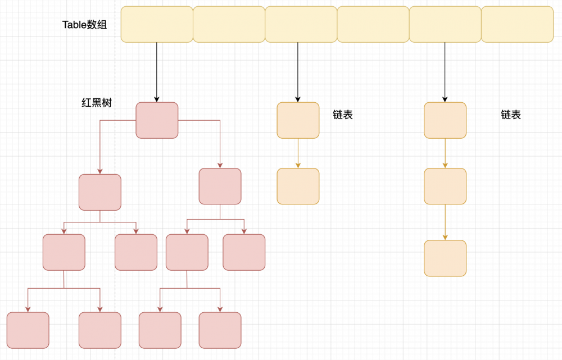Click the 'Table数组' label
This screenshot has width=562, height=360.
pyautogui.click(x=84, y=25)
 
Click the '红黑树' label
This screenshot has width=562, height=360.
pyautogui.click(x=97, y=103)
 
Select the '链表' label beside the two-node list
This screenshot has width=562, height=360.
pyautogui.click(x=343, y=115)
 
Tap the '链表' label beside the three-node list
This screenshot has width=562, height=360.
pyautogui.click(x=511, y=115)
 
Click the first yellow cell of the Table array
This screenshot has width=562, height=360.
pyautogui.click(x=157, y=24)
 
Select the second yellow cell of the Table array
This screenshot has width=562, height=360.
pyautogui.click(x=229, y=24)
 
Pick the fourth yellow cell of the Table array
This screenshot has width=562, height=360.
pyautogui.click(x=373, y=24)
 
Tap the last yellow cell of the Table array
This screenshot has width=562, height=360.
pyautogui.click(x=517, y=24)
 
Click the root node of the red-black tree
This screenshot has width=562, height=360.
pyautogui.click(x=157, y=120)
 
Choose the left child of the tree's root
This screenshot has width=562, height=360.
pyautogui.click(x=100, y=192)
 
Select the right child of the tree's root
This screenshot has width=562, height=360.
pyautogui.click(x=220, y=186)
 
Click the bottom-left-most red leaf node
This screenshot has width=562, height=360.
pyautogui.click(x=28, y=330)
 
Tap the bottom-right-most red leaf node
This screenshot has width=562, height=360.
pyautogui.click(x=220, y=330)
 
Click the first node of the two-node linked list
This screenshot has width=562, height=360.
pyautogui.click(x=298, y=120)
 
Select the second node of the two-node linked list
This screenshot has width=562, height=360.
pyautogui.click(x=298, y=186)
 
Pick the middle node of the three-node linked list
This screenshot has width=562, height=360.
pyautogui.click(x=445, y=186)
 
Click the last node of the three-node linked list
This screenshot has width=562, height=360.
pyautogui.click(x=445, y=258)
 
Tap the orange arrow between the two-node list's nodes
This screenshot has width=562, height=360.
pyautogui.click(x=298, y=153)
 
